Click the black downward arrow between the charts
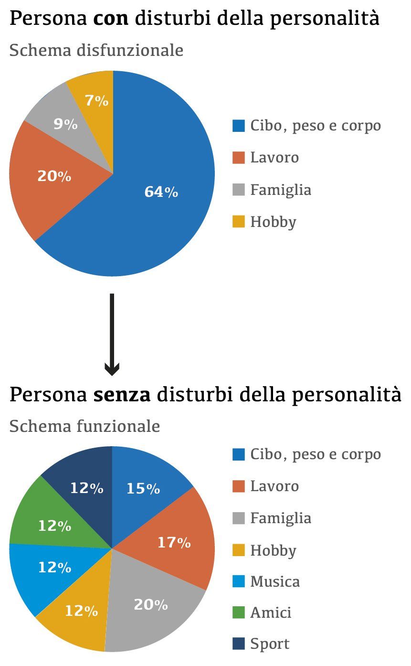[112, 334]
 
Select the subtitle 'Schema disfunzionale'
[96, 50]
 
